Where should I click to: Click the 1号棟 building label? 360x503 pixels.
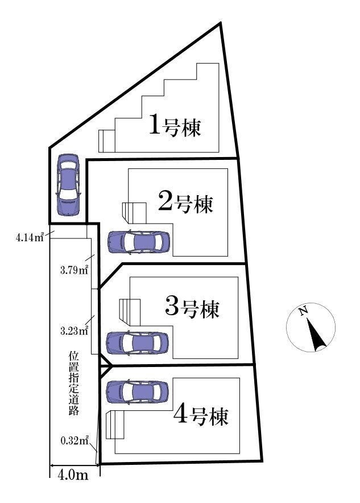tap(175, 126)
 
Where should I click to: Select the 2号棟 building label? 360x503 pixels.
tap(185, 203)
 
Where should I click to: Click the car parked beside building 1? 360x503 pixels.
tap(68, 184)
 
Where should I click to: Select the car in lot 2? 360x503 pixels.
tap(138, 242)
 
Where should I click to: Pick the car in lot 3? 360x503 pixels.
tap(138, 343)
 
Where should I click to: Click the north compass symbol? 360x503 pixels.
tap(311, 328)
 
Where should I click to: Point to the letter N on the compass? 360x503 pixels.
tap(304, 311)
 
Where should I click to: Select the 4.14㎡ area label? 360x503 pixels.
tap(30, 237)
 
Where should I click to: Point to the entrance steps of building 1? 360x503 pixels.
tap(106, 141)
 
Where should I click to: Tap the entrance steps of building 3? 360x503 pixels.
tap(129, 311)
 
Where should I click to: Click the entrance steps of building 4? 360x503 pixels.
tap(115, 424)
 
